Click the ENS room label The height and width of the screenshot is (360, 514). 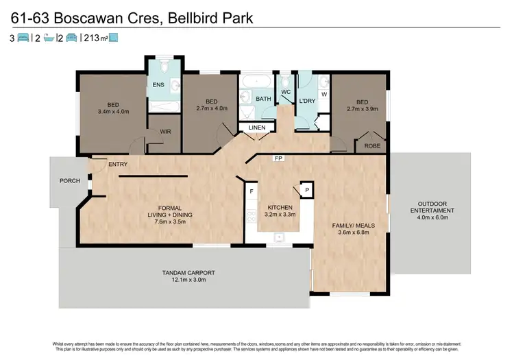(x=158, y=85)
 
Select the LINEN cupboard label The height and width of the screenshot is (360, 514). (x=258, y=128)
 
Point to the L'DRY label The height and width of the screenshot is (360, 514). (x=306, y=102)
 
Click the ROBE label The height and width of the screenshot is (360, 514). (x=372, y=146)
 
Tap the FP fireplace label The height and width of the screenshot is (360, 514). (x=278, y=158)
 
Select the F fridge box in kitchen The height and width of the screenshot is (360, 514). (x=252, y=191)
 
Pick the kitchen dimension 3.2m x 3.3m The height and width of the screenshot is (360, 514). (x=280, y=215)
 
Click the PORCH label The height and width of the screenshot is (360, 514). (x=70, y=181)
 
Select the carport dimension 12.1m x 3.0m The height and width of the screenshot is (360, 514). (x=184, y=279)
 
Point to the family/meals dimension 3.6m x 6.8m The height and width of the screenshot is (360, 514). (x=347, y=232)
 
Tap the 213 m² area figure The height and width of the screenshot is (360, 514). (x=94, y=38)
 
